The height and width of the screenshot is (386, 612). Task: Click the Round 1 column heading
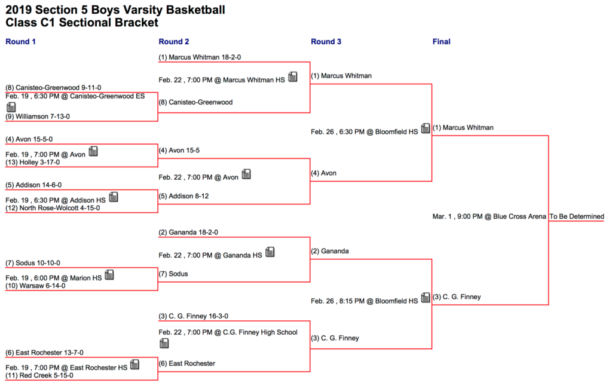[20, 42]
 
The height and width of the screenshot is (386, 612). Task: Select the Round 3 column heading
[326, 42]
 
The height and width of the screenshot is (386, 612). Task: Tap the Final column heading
[442, 42]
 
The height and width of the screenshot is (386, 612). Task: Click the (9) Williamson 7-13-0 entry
[38, 117]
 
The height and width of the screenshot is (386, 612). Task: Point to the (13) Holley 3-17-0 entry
[33, 163]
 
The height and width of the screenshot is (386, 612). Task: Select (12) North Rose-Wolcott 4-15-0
[53, 208]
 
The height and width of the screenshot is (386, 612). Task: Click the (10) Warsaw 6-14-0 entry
[35, 286]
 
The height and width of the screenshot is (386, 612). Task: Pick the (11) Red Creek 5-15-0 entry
[39, 375]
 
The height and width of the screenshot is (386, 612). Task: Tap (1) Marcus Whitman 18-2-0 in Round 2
[200, 57]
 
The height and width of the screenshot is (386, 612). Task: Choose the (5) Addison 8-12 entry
[184, 197]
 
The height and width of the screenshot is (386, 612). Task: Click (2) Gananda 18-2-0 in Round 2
[188, 232]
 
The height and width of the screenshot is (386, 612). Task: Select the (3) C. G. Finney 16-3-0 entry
[194, 316]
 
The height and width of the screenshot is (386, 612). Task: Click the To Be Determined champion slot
[577, 217]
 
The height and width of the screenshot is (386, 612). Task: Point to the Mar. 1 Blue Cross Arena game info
[489, 217]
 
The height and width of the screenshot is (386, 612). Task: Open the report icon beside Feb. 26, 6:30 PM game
[426, 128]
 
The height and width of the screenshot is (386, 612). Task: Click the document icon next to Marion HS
[109, 275]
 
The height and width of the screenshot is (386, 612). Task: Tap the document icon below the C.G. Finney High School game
[164, 343]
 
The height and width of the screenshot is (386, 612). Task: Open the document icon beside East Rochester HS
[134, 364]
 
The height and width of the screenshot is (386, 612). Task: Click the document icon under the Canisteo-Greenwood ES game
[11, 106]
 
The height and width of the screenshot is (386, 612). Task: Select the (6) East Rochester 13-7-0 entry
[44, 353]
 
